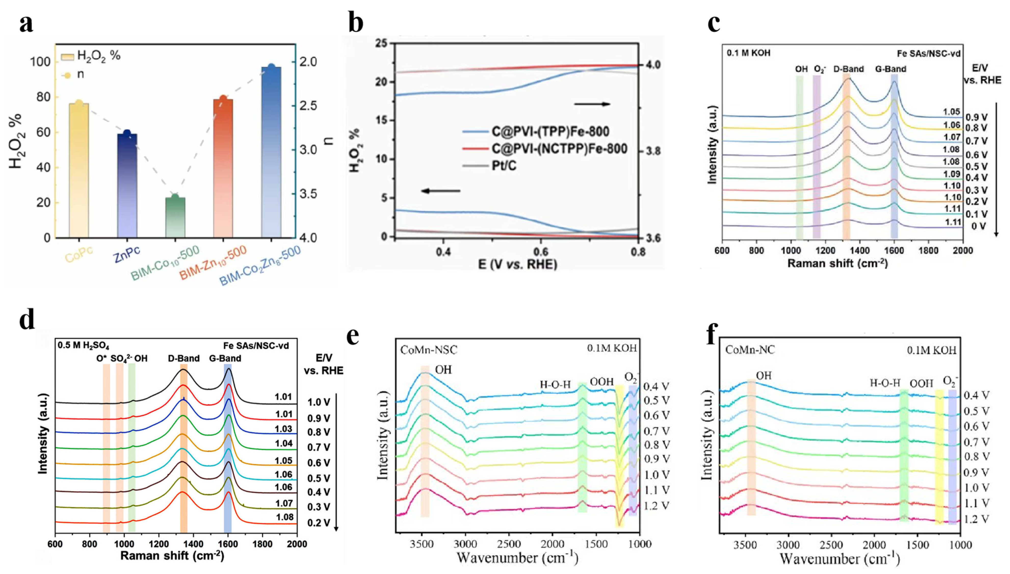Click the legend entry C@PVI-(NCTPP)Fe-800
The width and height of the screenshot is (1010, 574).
(559, 149)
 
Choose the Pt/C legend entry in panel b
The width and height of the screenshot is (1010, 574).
(504, 166)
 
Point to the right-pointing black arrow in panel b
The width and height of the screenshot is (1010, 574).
(592, 104)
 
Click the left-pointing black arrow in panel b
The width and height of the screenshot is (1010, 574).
(441, 191)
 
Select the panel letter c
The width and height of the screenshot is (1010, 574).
(714, 24)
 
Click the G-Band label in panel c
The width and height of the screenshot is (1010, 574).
(890, 69)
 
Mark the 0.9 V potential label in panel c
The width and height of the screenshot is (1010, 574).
(977, 118)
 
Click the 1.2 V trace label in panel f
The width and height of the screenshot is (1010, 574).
(976, 519)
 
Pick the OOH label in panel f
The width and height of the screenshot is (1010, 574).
(921, 383)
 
